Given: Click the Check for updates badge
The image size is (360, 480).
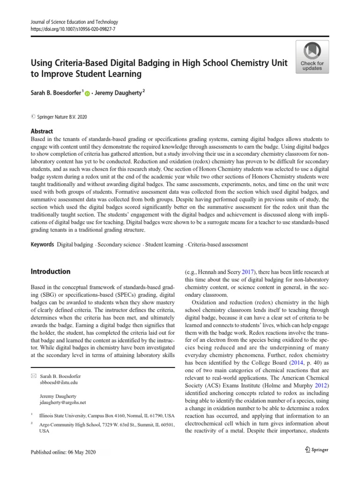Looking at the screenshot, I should (312, 56).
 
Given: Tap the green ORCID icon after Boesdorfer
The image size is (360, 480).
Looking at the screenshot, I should (87, 94).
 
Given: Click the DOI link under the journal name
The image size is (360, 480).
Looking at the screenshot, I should (73, 29).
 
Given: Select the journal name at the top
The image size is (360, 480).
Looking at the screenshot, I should (74, 22).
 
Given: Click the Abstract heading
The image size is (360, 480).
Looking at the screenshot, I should (42, 131).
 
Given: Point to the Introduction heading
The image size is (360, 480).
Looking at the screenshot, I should (50, 271).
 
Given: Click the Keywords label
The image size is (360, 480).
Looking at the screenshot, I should (42, 245).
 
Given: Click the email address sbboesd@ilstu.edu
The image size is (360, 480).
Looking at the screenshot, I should (59, 382).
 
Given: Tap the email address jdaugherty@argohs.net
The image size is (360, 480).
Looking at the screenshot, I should (63, 402).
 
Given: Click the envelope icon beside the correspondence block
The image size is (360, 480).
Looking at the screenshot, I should (33, 376).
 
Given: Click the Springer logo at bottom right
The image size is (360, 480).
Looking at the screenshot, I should (316, 450).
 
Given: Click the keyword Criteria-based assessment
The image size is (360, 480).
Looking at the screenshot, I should (218, 245).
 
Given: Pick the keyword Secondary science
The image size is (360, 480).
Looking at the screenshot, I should (119, 245).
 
